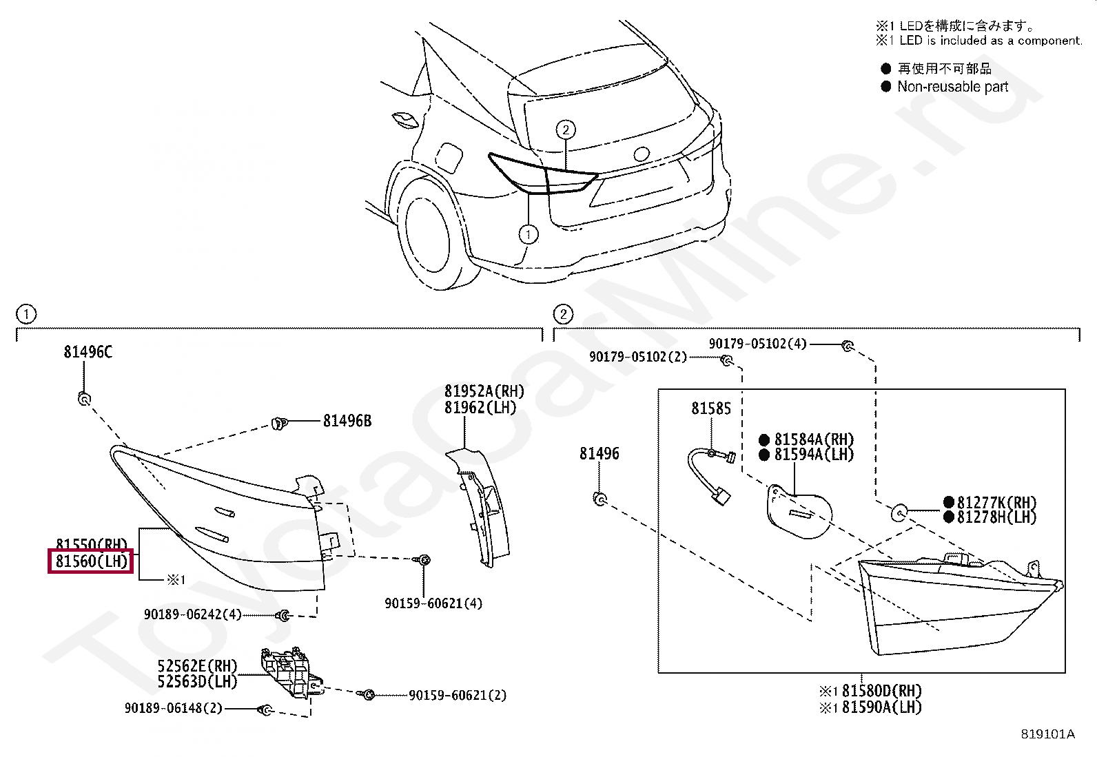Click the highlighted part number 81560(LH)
(92, 561)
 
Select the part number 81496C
(88, 352)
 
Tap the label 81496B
(347, 421)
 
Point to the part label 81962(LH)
(480, 408)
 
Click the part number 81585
(711, 408)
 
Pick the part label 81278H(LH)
(996, 517)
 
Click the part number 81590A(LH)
(881, 707)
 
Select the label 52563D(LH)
(197, 682)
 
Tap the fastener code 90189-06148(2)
(174, 708)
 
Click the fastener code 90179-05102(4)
(757, 344)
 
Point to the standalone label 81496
(599, 453)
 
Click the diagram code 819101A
(1047, 734)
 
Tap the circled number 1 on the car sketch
(529, 235)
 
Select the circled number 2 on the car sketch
(565, 129)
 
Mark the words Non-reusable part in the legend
(952, 87)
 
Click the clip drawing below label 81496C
(84, 398)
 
